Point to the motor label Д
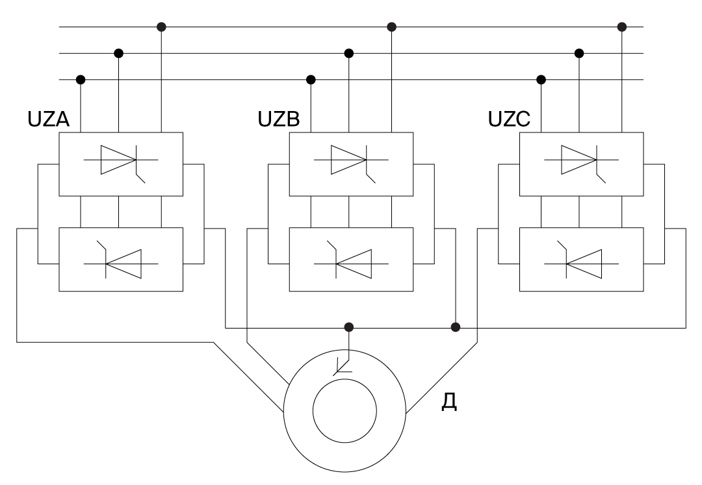pos(448,402)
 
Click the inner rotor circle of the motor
pos(344,412)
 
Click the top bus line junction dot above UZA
pos(161,27)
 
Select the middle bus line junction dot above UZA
pos(118,53)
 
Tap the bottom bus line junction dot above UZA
pos(81,79)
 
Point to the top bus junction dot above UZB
pos(391,27)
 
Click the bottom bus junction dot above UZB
pos(311,79)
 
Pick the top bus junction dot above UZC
pos(622,27)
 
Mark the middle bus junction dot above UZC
pos(579,53)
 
